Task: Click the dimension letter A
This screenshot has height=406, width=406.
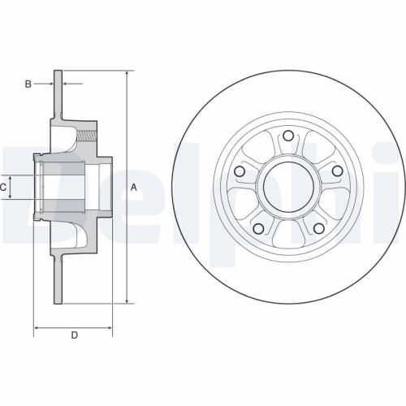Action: tap(134, 188)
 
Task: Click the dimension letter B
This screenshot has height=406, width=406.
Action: tap(27, 84)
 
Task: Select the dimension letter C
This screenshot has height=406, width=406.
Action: tap(4, 188)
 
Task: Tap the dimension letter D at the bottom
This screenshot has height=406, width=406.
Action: tap(74, 335)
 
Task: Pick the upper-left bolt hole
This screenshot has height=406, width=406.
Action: tap(240, 172)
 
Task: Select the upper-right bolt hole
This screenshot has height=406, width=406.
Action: tap(338, 171)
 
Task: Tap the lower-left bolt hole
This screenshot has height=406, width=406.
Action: tap(258, 229)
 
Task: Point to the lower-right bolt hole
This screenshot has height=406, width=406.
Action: tap(319, 229)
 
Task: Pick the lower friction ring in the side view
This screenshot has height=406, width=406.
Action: tap(58, 280)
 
